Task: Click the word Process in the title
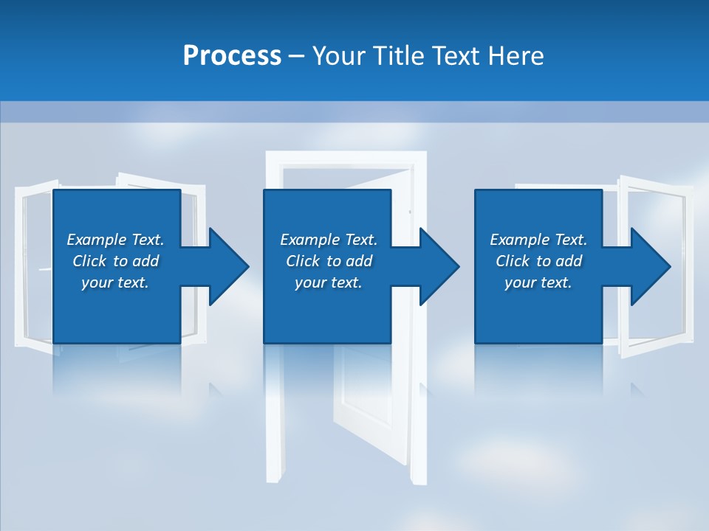(232, 56)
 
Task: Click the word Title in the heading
(399, 56)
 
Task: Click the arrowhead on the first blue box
(226, 266)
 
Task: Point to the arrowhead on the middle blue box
(436, 266)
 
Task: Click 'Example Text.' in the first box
(115, 240)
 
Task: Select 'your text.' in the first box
(115, 282)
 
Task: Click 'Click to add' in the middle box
(329, 261)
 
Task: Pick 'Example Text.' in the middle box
(329, 240)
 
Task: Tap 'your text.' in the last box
(538, 282)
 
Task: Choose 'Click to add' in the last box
(538, 261)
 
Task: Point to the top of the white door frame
(346, 156)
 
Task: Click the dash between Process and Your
(297, 56)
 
